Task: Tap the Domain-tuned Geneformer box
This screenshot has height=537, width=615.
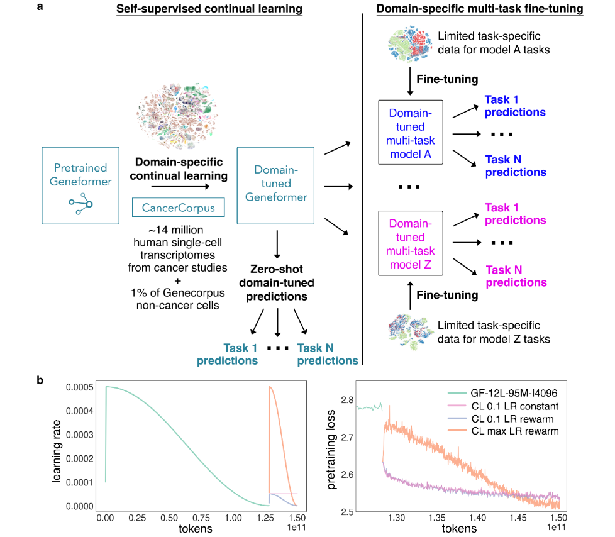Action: pyautogui.click(x=275, y=185)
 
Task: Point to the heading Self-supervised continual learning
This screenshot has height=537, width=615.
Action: pyautogui.click(x=210, y=10)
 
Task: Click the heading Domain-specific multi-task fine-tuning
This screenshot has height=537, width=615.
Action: pyautogui.click(x=479, y=10)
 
